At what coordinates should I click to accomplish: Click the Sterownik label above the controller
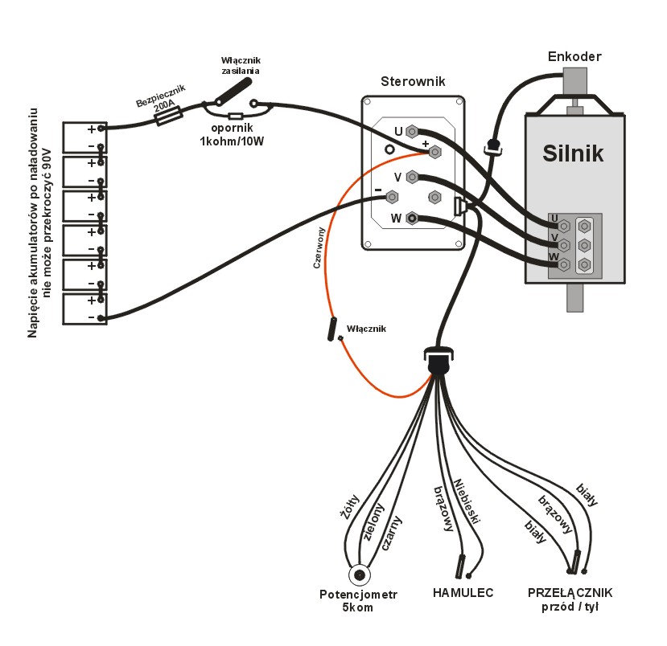click(413, 81)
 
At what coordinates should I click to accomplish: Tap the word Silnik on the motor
click(573, 153)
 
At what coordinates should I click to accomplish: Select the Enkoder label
click(574, 56)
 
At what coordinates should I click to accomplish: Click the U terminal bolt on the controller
click(412, 131)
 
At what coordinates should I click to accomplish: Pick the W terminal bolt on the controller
click(413, 218)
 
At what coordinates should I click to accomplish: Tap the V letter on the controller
click(397, 177)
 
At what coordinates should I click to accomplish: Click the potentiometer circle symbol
click(358, 575)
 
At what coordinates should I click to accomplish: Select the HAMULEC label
click(463, 593)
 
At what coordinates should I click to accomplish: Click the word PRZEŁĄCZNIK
click(570, 593)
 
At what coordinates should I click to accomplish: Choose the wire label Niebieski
click(467, 501)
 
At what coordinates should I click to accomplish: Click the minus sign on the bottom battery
click(91, 317)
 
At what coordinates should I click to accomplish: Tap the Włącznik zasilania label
click(241, 65)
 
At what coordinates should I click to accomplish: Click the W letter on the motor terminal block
click(554, 256)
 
